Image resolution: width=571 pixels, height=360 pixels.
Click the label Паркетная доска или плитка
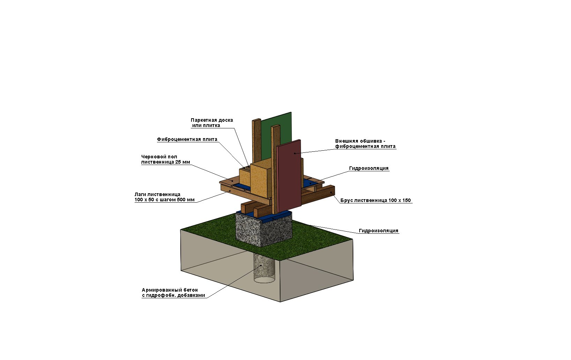pos(212,123)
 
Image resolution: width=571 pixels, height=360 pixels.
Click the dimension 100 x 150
pos(399,201)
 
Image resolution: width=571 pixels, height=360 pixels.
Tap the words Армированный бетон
pos(170,290)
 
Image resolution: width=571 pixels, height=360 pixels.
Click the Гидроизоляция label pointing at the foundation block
pos(378,231)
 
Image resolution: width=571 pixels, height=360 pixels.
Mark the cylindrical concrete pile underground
pos(264,268)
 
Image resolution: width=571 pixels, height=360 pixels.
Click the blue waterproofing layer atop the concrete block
pos(264,214)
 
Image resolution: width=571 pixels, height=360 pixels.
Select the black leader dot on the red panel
pos(295,153)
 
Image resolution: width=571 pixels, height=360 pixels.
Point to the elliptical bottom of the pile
pos(264,279)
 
